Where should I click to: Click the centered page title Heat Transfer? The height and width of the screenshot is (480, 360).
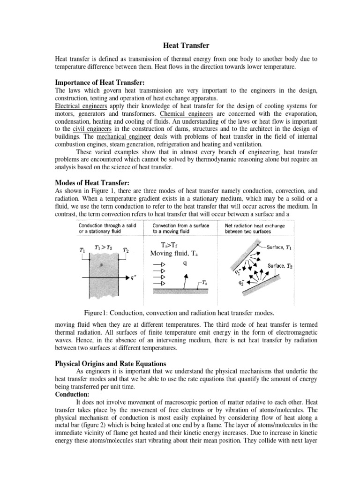(180, 45)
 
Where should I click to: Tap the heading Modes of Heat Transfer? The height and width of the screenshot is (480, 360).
(89, 182)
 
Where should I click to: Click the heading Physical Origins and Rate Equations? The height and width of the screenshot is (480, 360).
(114, 351)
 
